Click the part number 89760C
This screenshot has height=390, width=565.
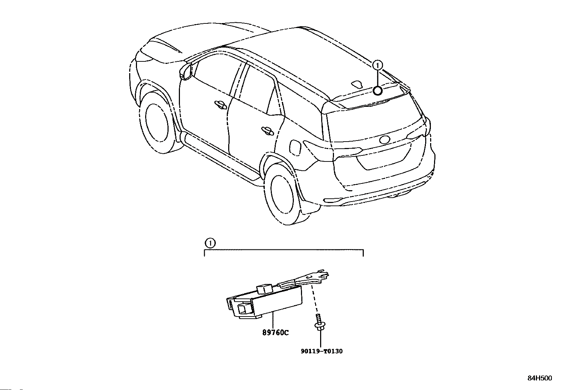tap(276, 333)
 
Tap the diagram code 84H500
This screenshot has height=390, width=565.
tap(539, 378)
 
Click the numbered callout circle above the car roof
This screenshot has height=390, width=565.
tap(378, 65)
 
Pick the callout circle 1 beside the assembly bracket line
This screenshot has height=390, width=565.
tap(210, 243)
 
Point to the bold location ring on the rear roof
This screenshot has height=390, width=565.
tap(378, 91)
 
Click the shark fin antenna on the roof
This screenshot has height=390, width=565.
tap(356, 84)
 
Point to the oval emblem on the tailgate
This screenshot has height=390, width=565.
tap(385, 139)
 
